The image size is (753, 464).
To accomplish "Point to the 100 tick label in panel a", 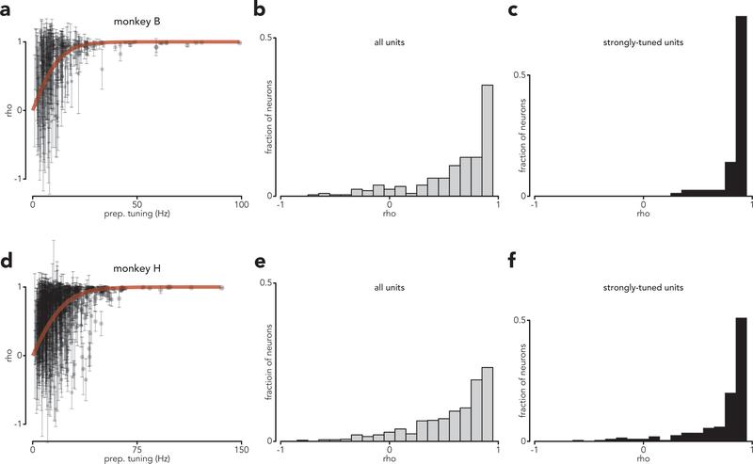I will (x=240, y=204).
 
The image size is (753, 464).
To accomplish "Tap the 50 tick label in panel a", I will (x=137, y=204).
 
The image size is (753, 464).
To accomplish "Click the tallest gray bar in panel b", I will (x=488, y=141).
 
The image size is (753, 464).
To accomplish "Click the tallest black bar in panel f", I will (x=741, y=378).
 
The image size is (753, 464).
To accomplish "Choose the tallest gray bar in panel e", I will (x=488, y=404).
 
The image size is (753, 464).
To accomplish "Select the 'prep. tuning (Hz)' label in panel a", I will (x=137, y=214).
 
